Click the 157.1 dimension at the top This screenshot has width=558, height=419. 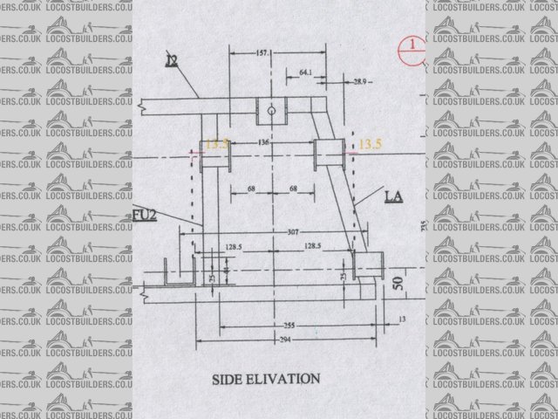coord(263,53)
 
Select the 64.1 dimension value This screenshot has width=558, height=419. coord(305,71)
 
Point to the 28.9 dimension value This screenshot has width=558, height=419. coord(361,81)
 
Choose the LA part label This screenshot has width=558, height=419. coord(393,198)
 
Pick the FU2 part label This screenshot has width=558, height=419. coord(145,214)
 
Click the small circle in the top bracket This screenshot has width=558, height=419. coord(271,112)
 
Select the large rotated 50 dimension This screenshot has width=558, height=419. coord(397,285)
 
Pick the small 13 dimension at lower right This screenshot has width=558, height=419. coord(401,320)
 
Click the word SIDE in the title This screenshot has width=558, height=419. coord(229,380)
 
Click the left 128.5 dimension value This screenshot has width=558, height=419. coord(231,248)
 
